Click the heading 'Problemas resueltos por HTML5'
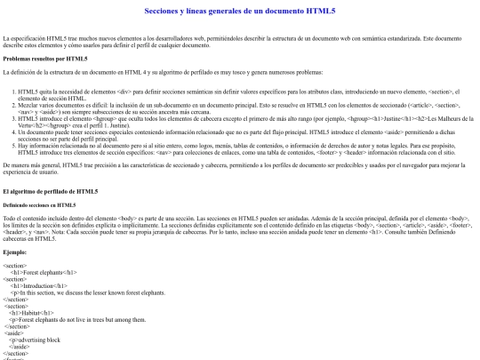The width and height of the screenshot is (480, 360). pos(45,59)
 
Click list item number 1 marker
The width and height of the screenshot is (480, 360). pos(13,91)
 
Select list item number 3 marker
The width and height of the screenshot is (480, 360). pos(13,120)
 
